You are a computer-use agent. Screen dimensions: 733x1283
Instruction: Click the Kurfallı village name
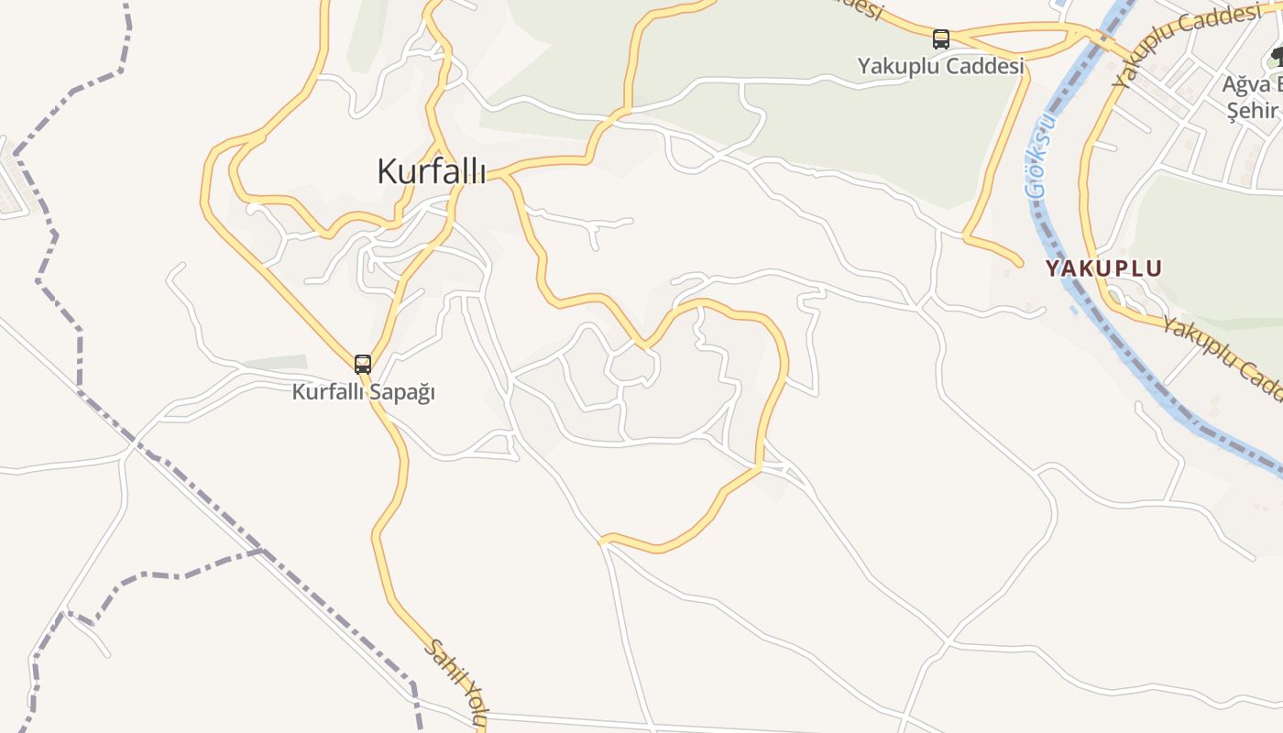pyautogui.click(x=431, y=171)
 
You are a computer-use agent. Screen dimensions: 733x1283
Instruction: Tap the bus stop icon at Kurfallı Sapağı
pyautogui.click(x=363, y=365)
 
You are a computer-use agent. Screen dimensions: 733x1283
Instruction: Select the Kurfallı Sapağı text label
pyautogui.click(x=363, y=392)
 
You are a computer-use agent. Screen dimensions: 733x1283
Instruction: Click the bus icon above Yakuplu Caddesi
pyautogui.click(x=941, y=39)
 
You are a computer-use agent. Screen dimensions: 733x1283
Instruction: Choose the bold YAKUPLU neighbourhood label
pyautogui.click(x=1103, y=268)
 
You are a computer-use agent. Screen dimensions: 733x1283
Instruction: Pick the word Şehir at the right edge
pyautogui.click(x=1254, y=110)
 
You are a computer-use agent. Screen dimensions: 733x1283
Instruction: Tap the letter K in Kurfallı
pyautogui.click(x=388, y=171)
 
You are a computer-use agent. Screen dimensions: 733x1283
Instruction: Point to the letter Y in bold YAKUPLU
pyautogui.click(x=1053, y=268)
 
